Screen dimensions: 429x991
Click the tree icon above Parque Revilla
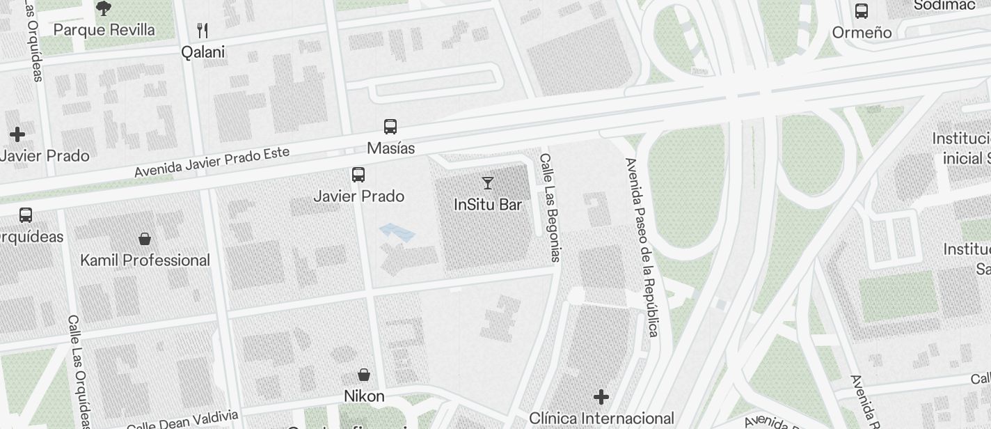pos(104,8)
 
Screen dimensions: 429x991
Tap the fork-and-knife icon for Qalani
pos(203,31)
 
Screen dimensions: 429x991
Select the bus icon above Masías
pos(390,127)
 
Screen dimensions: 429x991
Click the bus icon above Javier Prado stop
pos(358,175)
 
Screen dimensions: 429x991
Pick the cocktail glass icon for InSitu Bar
pos(488,183)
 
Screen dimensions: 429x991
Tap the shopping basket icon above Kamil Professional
pos(145,239)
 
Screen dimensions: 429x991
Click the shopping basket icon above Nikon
pos(364,375)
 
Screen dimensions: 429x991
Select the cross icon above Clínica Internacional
pos(601,397)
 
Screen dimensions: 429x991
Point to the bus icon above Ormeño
pos(862,11)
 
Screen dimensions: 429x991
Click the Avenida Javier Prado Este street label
pos(212,162)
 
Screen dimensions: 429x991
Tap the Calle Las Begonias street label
pos(550,208)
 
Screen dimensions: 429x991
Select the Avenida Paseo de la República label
pos(642,247)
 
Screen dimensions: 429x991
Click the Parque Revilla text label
pos(104,30)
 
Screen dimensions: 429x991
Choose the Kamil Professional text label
pos(145,260)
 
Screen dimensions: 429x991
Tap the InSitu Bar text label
pos(488,205)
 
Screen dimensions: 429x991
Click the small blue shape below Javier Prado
pos(397,233)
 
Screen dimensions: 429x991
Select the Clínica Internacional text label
pos(601,419)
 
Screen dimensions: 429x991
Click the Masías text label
pos(391,148)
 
